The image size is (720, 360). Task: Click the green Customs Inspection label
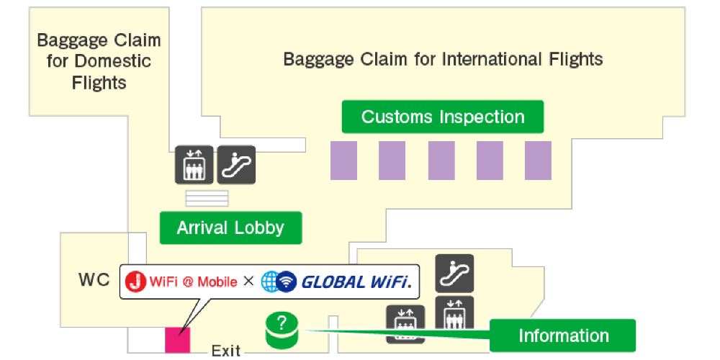click(x=442, y=117)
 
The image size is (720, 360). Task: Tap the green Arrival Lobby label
click(x=230, y=228)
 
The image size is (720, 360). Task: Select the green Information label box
click(x=563, y=336)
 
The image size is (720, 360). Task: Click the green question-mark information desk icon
click(x=281, y=329)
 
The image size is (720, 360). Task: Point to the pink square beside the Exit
click(x=177, y=340)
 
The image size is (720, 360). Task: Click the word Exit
click(x=225, y=351)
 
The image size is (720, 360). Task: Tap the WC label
click(x=94, y=280)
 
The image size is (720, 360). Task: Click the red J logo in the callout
click(x=135, y=282)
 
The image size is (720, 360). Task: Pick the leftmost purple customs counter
click(x=343, y=160)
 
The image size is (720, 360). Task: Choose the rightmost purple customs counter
click(x=538, y=160)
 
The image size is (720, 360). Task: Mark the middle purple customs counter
click(x=441, y=160)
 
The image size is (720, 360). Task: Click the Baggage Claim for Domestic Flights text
click(x=99, y=61)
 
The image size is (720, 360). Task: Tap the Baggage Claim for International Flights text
click(x=443, y=58)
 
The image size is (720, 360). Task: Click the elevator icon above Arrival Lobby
click(x=194, y=165)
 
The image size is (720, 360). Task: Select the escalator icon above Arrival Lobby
click(x=236, y=165)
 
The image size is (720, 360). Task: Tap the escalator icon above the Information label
click(x=454, y=273)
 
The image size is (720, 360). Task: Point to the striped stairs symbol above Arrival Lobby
click(x=207, y=198)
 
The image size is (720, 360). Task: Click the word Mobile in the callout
click(x=217, y=282)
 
